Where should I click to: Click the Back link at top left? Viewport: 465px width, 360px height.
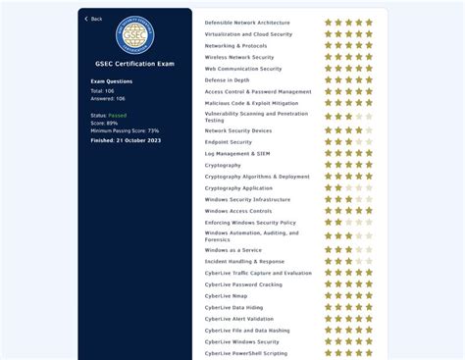(x=94, y=19)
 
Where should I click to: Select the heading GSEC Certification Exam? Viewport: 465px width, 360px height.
(x=134, y=65)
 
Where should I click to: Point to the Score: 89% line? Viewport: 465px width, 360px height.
(x=106, y=123)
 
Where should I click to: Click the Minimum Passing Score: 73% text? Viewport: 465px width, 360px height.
(x=125, y=130)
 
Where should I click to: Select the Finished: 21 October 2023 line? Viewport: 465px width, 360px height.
(x=126, y=139)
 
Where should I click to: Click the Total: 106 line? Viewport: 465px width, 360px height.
(x=103, y=90)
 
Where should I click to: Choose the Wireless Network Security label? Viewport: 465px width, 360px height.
(x=239, y=57)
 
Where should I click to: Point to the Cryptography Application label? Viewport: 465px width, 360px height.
(x=238, y=188)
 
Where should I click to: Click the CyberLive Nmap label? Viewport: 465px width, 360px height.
(x=226, y=295)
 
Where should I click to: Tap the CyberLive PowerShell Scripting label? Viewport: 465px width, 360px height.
(x=246, y=353)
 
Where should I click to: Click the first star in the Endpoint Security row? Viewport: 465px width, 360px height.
(x=329, y=142)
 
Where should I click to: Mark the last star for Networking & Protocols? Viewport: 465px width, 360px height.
(x=369, y=45)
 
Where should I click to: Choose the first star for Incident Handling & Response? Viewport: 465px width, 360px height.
(x=329, y=262)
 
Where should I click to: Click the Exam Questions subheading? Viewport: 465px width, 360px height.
(x=112, y=81)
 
